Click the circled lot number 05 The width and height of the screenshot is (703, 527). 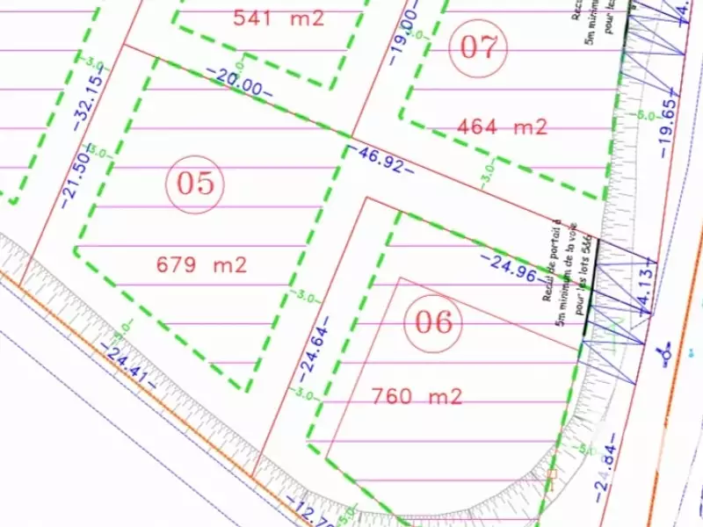[x=196, y=184]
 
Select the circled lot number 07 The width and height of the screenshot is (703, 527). [x=479, y=47]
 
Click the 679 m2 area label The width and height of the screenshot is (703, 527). [x=201, y=264]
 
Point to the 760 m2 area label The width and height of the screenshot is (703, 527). [x=417, y=397]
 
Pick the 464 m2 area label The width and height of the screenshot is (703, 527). [x=503, y=127]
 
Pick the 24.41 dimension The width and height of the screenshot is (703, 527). [x=130, y=364]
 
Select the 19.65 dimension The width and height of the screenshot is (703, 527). [x=667, y=121]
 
